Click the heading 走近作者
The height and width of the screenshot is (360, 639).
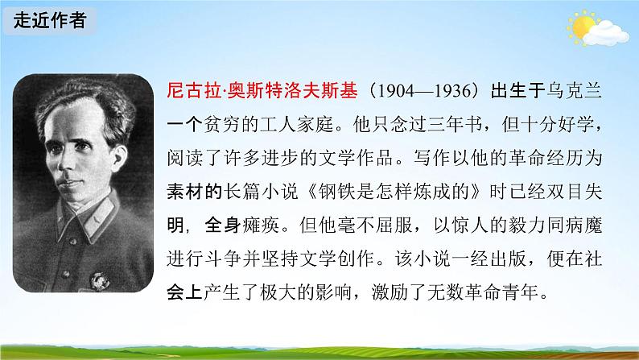point(48,20)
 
